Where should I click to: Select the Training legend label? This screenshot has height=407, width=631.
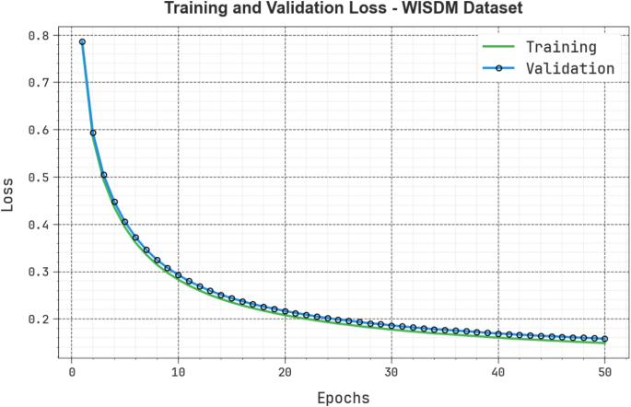click(560, 47)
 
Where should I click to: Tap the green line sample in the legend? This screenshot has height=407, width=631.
click(498, 47)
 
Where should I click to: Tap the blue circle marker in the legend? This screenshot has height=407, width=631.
click(498, 68)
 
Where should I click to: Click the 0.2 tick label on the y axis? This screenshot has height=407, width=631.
click(38, 319)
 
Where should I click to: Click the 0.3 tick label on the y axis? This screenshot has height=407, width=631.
click(38, 272)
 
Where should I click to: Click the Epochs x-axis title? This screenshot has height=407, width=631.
click(343, 398)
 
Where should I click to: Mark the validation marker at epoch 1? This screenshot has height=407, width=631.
click(82, 41)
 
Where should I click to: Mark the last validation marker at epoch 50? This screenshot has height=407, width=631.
click(605, 339)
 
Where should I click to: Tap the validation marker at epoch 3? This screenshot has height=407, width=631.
click(103, 175)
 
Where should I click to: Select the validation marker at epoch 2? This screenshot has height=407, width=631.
click(93, 133)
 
